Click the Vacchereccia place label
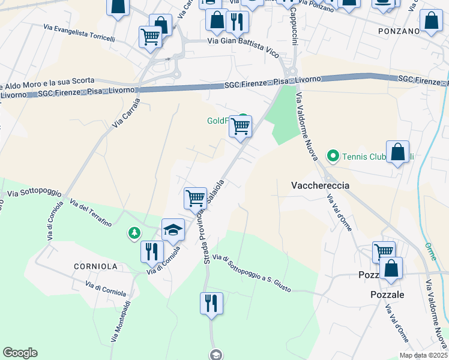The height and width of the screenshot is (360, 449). pyautogui.click(x=320, y=185)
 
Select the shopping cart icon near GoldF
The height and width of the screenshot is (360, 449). pyautogui.click(x=241, y=127)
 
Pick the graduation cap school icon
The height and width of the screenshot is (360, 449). pyautogui.click(x=173, y=229)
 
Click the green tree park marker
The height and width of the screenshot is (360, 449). pyautogui.click(x=134, y=232)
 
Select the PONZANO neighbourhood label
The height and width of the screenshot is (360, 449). pyautogui.click(x=399, y=31)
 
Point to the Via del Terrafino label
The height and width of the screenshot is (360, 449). pyautogui.click(x=91, y=212)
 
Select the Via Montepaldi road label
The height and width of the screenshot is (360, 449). pyautogui.click(x=121, y=320)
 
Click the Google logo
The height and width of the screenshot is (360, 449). pyautogui.click(x=20, y=353)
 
